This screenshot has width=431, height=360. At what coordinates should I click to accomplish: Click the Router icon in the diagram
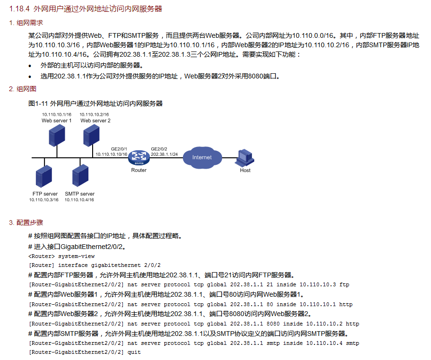click(x=138, y=157)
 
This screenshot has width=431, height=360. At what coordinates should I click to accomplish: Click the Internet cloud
click(x=202, y=157)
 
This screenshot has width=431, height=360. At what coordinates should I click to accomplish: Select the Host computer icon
click(x=244, y=157)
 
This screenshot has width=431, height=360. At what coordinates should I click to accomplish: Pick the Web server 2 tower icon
click(x=91, y=136)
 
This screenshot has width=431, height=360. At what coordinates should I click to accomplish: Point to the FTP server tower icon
click(x=44, y=177)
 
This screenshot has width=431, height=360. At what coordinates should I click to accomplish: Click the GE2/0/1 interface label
click(x=119, y=149)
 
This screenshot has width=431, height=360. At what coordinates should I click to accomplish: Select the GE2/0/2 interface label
click(x=159, y=149)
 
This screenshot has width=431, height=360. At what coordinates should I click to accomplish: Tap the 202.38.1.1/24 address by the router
click(x=164, y=154)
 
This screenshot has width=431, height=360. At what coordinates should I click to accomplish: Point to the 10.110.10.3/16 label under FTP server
click(x=44, y=200)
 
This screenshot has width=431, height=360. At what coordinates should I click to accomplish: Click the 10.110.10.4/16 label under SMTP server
click(x=79, y=200)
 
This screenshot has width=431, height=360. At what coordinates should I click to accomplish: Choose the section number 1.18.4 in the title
click(x=19, y=9)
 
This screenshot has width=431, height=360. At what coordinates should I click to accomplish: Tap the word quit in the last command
click(x=134, y=352)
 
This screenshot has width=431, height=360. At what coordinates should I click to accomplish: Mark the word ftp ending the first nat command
click(x=344, y=284)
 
